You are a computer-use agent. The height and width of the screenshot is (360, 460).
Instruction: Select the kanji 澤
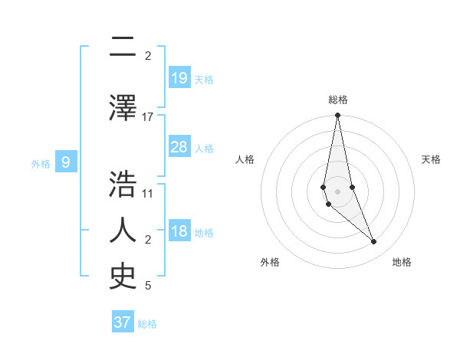123,107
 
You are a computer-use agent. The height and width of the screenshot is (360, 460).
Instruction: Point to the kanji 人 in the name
123,231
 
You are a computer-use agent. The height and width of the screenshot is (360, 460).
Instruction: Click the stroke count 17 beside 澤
148,117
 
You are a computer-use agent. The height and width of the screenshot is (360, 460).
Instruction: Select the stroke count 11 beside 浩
148,193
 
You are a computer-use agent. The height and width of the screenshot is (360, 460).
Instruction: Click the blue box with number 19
179,78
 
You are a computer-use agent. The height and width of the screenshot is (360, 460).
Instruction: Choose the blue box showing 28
179,147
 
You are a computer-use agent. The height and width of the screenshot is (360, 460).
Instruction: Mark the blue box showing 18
179,232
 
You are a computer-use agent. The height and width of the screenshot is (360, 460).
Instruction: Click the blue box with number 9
66,162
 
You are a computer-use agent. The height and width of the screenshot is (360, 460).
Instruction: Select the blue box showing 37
123,322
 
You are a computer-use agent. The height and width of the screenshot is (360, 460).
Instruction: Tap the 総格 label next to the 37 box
148,324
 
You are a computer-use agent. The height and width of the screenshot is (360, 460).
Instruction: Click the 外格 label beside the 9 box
41,163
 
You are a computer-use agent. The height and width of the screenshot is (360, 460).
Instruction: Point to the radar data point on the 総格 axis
337,116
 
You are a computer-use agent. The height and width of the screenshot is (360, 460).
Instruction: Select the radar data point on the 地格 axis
374,242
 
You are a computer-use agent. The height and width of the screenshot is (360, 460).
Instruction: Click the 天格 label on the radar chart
431,159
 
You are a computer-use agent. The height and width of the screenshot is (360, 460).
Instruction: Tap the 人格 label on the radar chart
245,159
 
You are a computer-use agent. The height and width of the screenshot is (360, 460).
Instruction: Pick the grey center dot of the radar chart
337,191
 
